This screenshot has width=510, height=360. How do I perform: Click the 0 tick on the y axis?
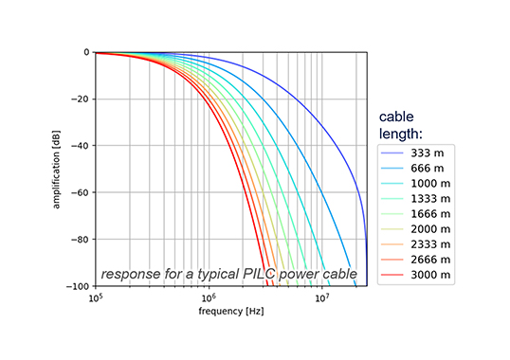point(85,53)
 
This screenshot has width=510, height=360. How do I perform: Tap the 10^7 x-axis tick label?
point(322,297)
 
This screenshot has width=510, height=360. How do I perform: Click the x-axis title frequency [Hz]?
point(230,311)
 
